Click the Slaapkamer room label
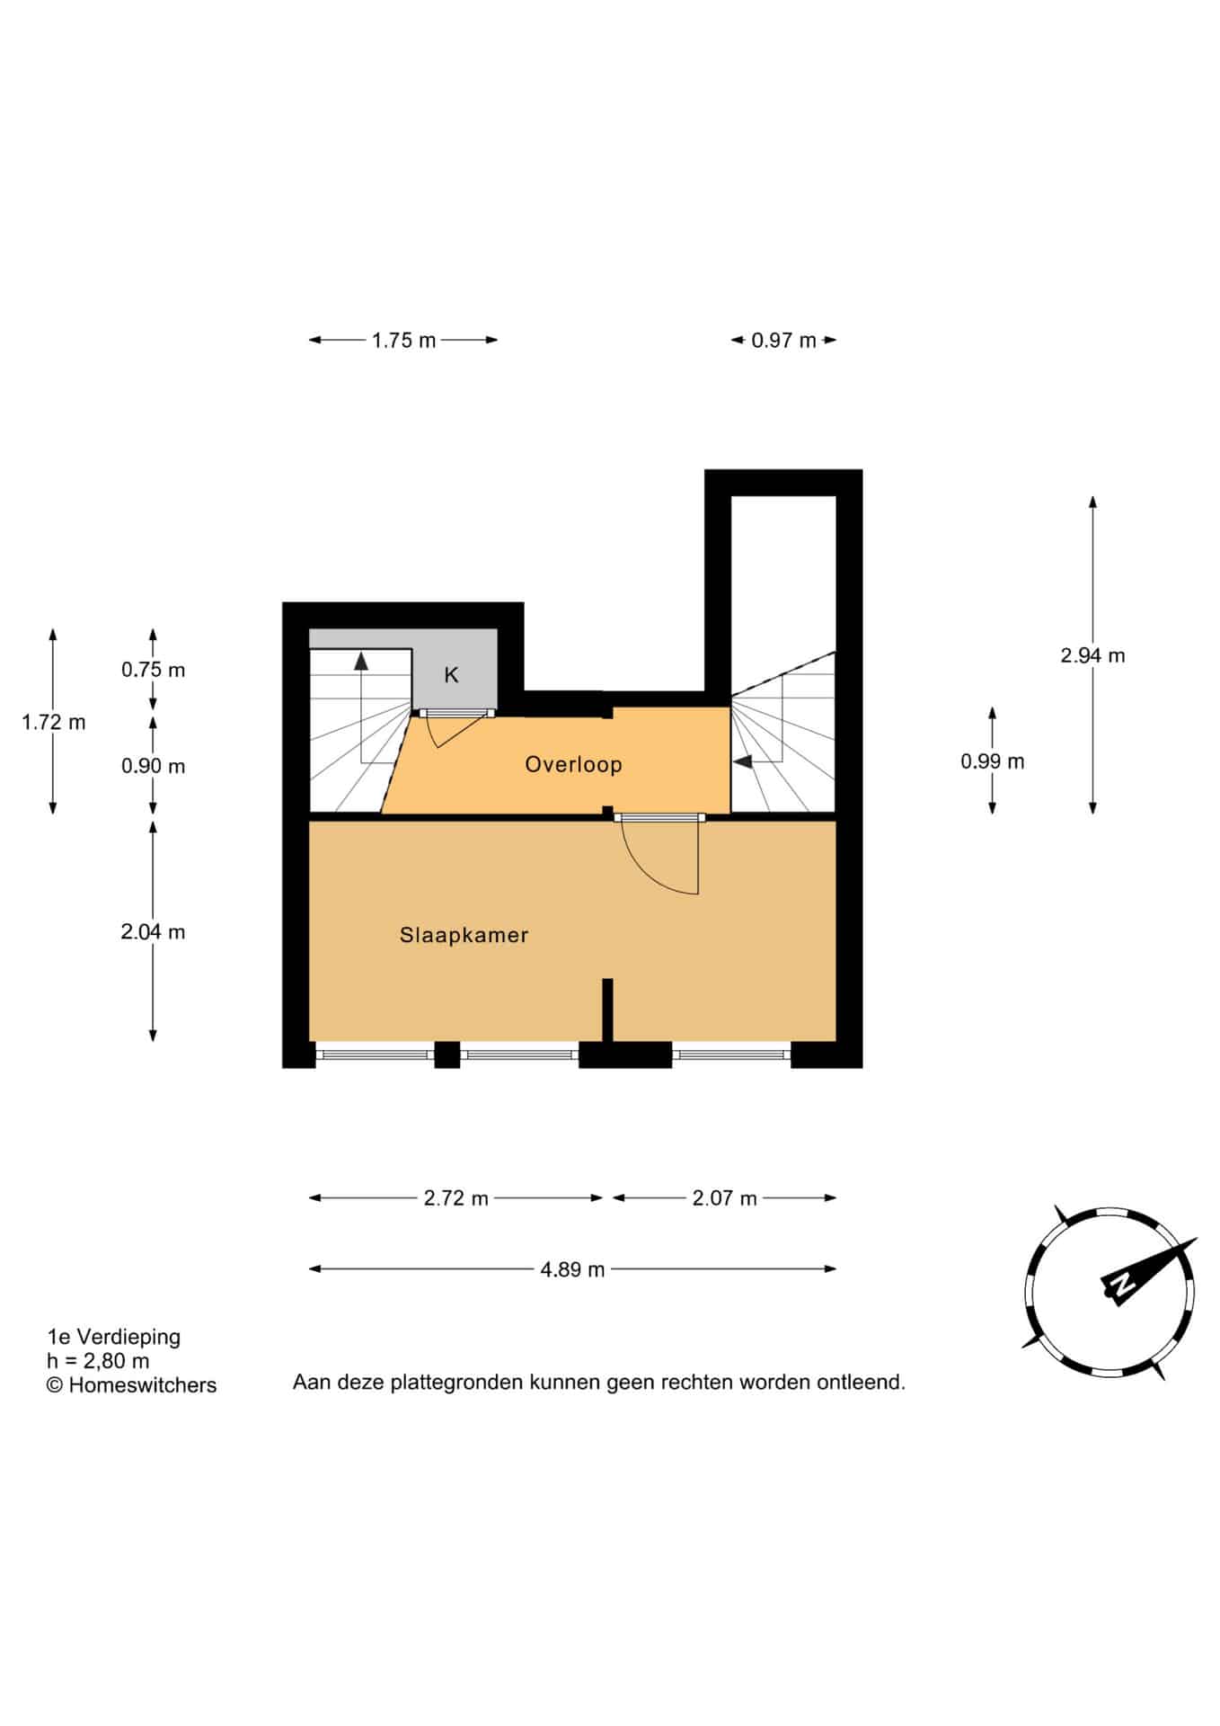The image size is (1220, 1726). coord(464,935)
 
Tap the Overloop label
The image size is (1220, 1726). coord(573,764)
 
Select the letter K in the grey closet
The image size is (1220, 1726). coord(451,675)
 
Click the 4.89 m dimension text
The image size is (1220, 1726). coord(572,1269)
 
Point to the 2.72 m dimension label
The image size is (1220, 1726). coord(456,1198)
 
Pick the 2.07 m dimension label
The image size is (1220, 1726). coord(724,1198)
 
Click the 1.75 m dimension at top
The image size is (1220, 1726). coord(403,340)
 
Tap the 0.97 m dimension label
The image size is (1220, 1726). coord(783,340)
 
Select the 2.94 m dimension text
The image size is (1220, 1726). coord(1092,655)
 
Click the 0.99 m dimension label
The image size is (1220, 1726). coord(992,761)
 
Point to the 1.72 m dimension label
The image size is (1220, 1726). coord(54,722)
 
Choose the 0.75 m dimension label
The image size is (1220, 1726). coord(153,670)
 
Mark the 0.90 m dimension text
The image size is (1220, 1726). coord(153,766)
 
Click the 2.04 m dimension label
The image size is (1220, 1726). coord(153,932)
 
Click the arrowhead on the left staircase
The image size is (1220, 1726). coord(361,662)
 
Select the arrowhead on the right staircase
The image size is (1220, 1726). coord(743,762)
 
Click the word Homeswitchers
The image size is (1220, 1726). coord(143,1385)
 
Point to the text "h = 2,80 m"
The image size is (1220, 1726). coord(98,1361)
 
